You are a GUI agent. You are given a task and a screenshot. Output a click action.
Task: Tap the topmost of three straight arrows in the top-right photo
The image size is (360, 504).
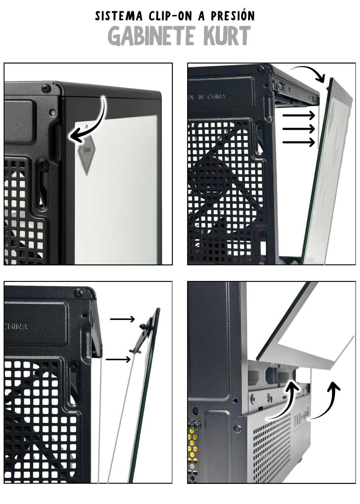(x=299, y=115)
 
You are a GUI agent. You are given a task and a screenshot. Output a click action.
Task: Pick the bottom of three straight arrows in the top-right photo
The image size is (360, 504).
(x=299, y=142)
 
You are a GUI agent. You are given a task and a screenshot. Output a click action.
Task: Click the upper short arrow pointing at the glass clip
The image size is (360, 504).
(x=122, y=319)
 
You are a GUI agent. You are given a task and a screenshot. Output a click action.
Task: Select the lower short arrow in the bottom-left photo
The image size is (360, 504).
(x=118, y=360)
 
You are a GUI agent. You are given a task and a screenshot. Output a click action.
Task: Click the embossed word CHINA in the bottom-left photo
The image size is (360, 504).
(x=16, y=327)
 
